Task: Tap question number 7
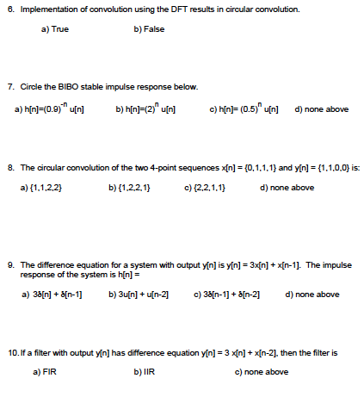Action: tap(9, 87)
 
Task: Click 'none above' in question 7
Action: tap(323, 110)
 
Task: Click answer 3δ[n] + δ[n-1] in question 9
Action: tap(57, 295)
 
